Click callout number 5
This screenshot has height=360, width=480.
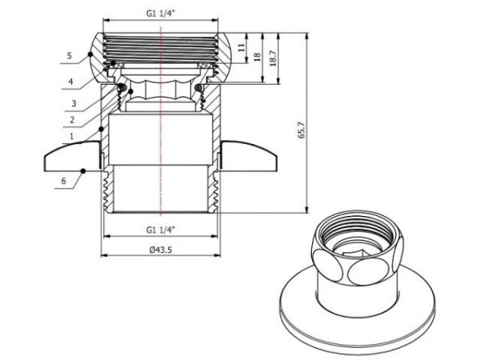[x=70, y=55]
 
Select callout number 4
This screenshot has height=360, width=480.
[x=70, y=81]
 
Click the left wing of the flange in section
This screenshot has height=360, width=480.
[x=72, y=156]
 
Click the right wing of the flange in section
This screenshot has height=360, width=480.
[x=250, y=156]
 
